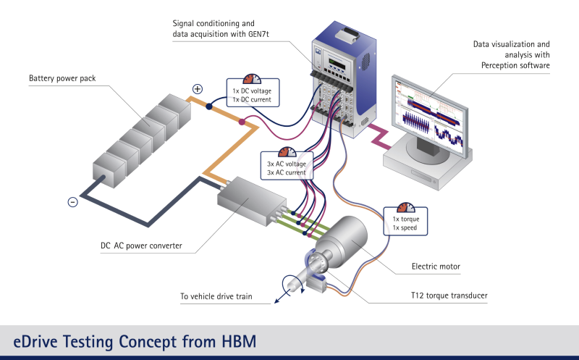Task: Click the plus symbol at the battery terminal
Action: [x=197, y=89]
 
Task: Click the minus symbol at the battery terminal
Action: [x=72, y=202]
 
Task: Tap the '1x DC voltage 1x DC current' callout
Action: [x=251, y=95]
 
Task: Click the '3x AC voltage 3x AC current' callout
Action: [x=287, y=169]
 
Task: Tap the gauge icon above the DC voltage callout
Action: [x=252, y=78]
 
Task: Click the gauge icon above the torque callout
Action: [x=406, y=207]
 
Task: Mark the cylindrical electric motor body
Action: [x=347, y=242]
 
